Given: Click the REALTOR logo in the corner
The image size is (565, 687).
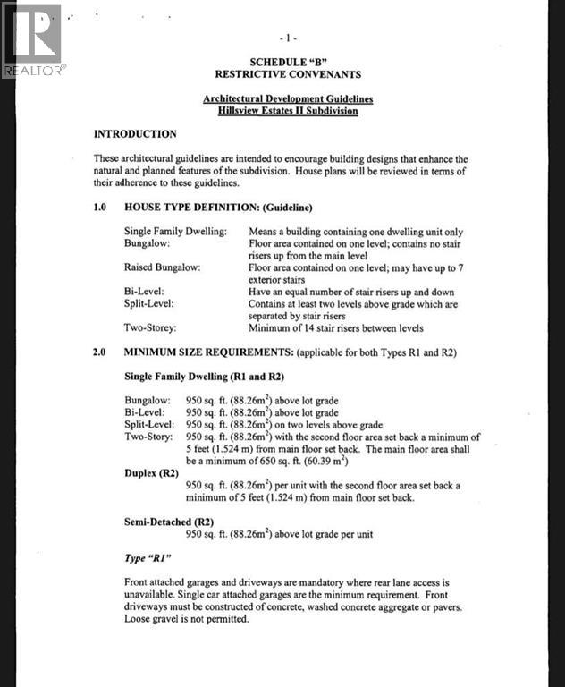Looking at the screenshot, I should click(32, 40).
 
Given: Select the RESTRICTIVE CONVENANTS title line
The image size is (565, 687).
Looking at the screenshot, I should click(287, 74).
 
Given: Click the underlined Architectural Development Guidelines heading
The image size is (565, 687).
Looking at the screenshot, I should click(287, 98).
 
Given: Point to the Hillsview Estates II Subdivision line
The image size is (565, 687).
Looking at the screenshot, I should click(287, 111).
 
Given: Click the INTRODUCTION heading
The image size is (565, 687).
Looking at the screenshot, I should click(135, 134).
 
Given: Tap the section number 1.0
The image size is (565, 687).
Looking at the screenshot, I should click(101, 207).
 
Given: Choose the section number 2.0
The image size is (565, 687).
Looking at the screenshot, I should click(101, 352).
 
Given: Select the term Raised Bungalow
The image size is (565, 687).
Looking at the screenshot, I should click(162, 267).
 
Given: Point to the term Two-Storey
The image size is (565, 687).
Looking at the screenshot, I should click(149, 328).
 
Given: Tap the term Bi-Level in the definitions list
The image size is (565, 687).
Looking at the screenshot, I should click(143, 292).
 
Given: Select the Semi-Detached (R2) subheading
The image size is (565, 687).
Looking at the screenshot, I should click(170, 522).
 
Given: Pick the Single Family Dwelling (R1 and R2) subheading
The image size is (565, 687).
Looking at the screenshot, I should click(204, 377).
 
